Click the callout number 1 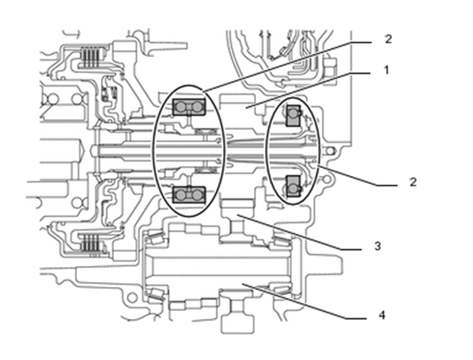point(386,70)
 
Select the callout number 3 point(377,246)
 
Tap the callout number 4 point(382,315)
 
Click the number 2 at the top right point(388,39)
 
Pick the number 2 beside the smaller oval point(413,182)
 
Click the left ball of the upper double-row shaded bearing point(181,107)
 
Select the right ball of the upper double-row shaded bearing point(197,107)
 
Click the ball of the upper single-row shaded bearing point(293,113)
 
